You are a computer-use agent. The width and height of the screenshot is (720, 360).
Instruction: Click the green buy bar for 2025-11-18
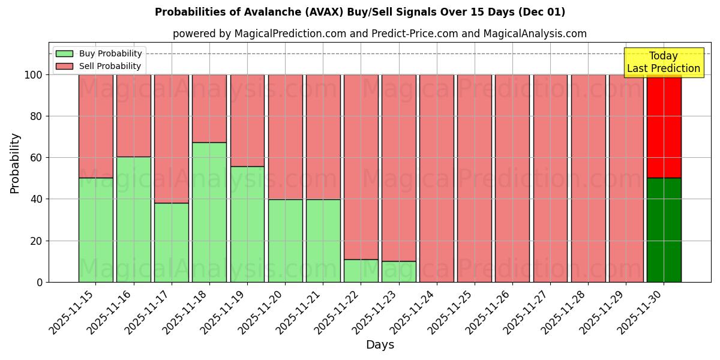209,212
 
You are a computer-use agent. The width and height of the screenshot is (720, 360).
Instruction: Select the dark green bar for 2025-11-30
664,230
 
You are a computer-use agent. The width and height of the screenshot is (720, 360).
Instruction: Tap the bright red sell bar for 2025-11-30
664,126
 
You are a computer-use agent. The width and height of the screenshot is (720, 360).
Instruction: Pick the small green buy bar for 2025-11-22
361,271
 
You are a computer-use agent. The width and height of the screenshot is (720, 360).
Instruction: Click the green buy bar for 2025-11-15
95,230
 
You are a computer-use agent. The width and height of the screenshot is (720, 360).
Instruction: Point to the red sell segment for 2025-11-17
171,139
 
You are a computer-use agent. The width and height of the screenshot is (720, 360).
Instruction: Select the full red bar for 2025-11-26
512,178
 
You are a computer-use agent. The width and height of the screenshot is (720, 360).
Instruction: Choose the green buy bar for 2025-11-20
285,240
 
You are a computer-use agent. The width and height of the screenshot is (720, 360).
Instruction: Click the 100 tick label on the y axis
33,75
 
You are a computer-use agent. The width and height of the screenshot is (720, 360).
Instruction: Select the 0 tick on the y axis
40,282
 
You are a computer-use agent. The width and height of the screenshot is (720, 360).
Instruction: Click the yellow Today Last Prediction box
663,62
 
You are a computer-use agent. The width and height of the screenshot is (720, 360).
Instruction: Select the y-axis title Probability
15,163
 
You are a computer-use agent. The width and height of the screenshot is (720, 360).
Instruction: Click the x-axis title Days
380,345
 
